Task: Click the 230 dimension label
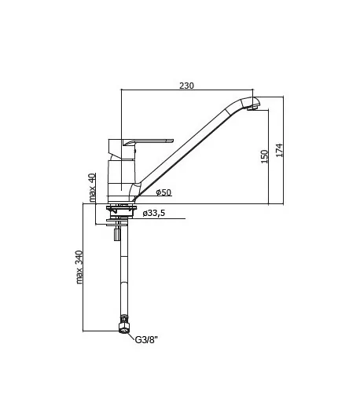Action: point(186,86)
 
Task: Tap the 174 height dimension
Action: point(279,150)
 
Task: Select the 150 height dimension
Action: point(264,156)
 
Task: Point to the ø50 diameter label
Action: point(163,192)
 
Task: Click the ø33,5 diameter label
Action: point(154,213)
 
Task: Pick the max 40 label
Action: point(92,188)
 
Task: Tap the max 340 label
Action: point(79,267)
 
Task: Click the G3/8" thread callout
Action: point(146,339)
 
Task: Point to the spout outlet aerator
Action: point(252,108)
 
